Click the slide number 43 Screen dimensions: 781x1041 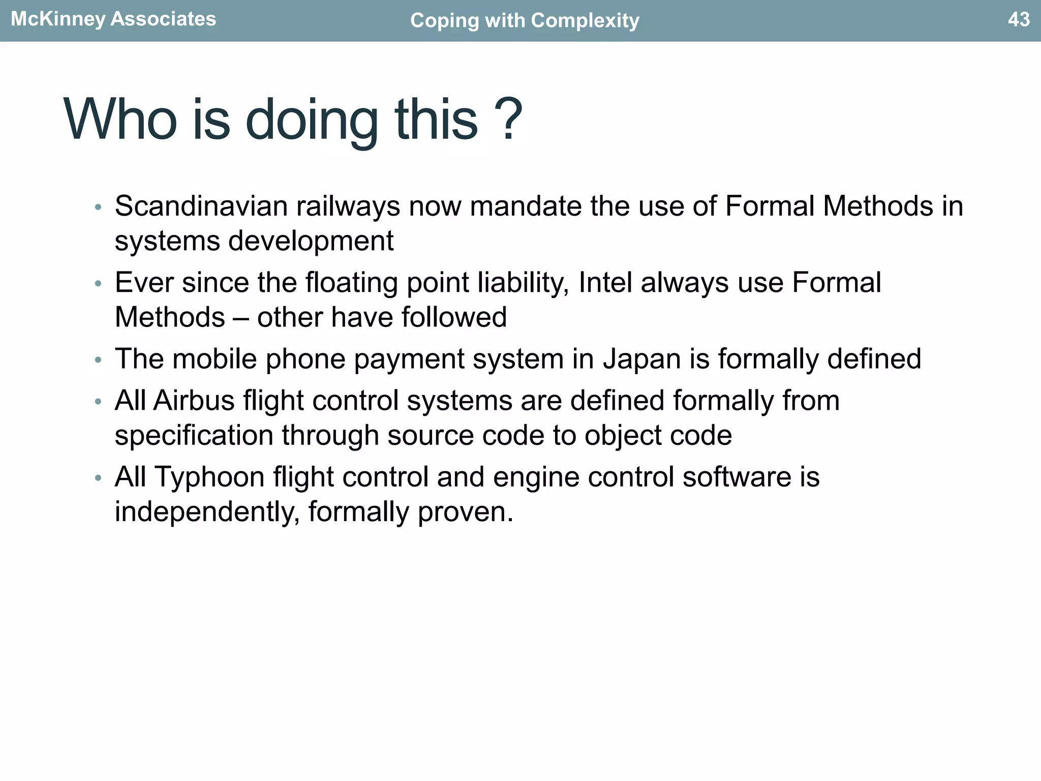[x=1018, y=19]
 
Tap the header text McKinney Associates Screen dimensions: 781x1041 [x=113, y=19]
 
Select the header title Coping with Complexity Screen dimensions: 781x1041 [x=525, y=20]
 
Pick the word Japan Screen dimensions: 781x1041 [x=641, y=359]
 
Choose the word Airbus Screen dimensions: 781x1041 [x=194, y=401]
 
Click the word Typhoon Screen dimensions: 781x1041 [x=209, y=478]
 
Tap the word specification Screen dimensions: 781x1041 [x=194, y=436]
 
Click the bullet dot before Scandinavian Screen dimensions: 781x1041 [x=98, y=207]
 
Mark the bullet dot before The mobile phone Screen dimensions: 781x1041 [x=98, y=360]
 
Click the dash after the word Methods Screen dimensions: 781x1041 [x=241, y=318]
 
